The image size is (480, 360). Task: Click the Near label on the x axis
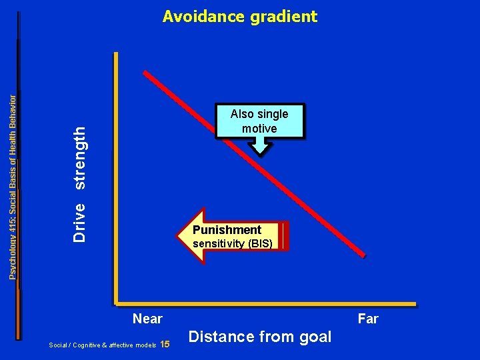[x=147, y=319]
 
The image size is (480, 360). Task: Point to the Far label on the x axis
[x=368, y=319]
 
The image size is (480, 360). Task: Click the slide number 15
[x=166, y=345]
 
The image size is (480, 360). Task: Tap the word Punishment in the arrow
[x=227, y=230]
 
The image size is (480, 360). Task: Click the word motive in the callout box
[x=259, y=128]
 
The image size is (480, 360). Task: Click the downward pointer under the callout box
[x=260, y=149]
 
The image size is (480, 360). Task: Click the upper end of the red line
[x=147, y=71]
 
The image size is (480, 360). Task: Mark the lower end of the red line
[x=363, y=255]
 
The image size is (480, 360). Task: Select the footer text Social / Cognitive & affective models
[x=103, y=345]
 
